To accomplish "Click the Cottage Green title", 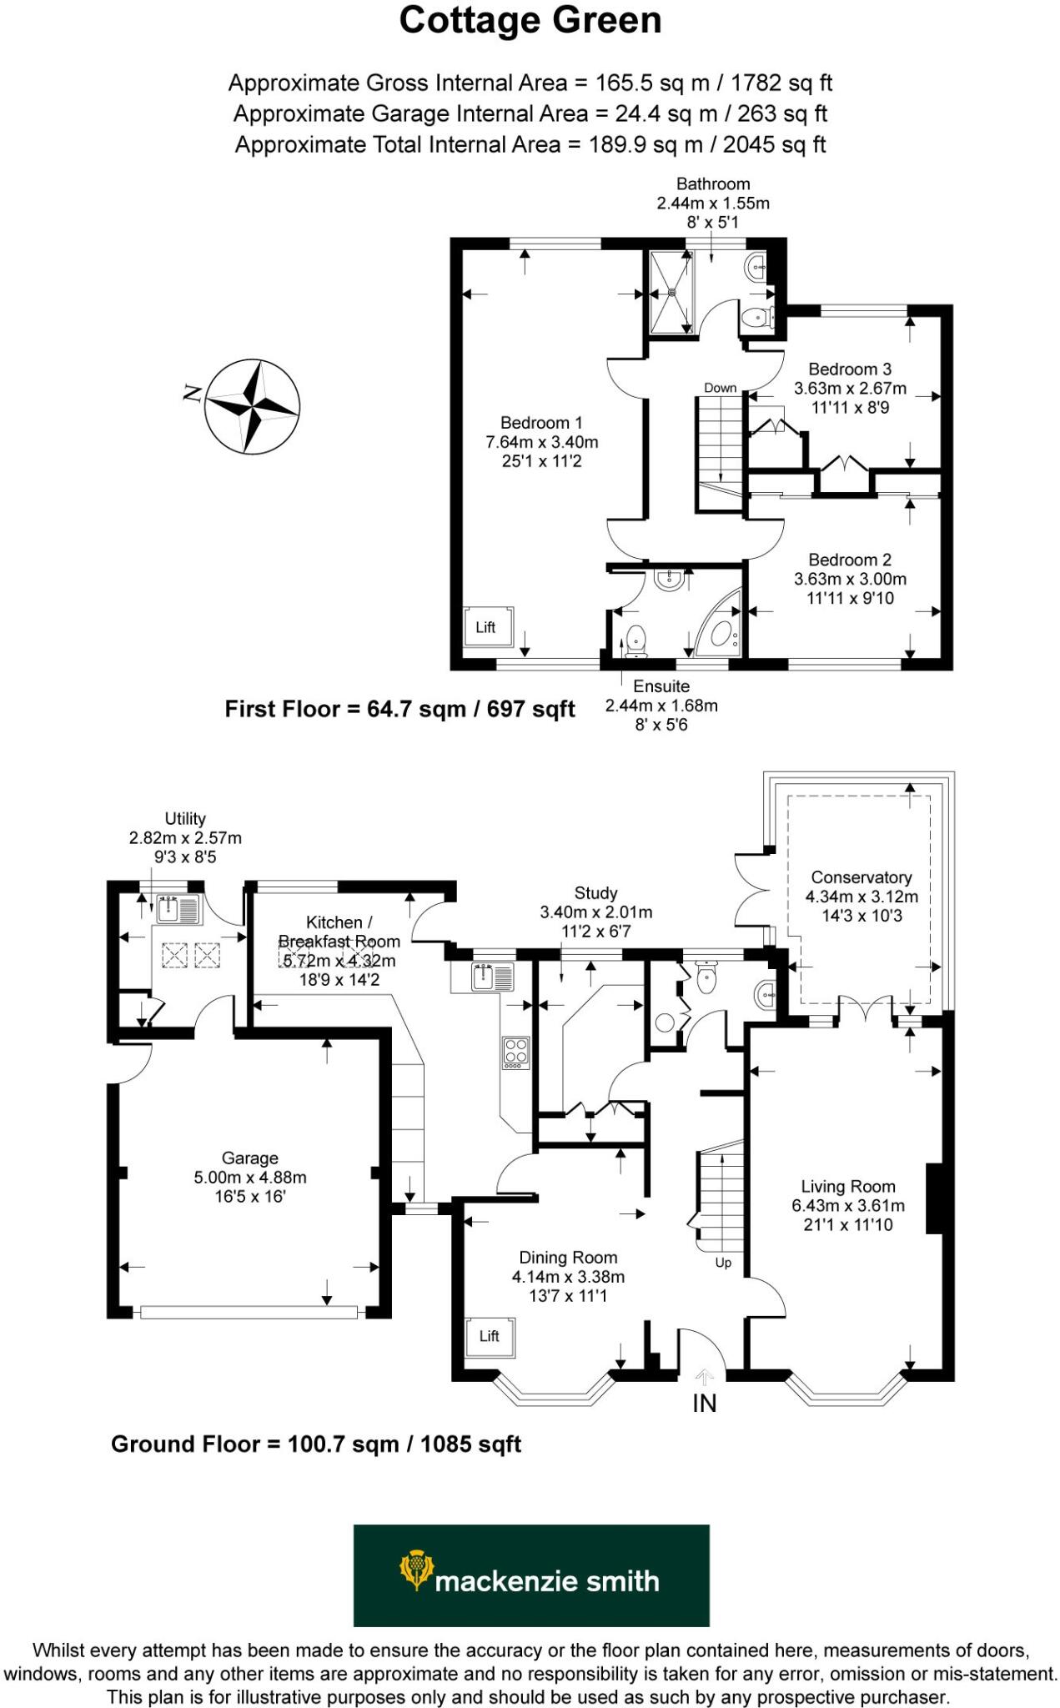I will pyautogui.click(x=530, y=21).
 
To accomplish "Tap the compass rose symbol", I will pyautogui.click(x=252, y=407).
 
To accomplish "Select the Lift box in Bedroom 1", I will pyautogui.click(x=488, y=627).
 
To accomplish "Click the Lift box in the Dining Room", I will pyautogui.click(x=490, y=1336).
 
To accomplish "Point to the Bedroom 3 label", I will pyautogui.click(x=849, y=369).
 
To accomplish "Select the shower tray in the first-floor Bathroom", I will pyautogui.click(x=671, y=292).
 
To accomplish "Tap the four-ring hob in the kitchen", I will pyautogui.click(x=515, y=1052).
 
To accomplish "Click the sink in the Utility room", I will pyautogui.click(x=177, y=908).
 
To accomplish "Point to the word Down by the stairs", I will pyautogui.click(x=720, y=388).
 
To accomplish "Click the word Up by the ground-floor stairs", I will pyautogui.click(x=723, y=1263).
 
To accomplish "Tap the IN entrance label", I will pyautogui.click(x=704, y=1404).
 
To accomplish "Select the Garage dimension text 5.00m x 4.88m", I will pyautogui.click(x=250, y=1178).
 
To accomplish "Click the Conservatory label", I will pyautogui.click(x=861, y=877).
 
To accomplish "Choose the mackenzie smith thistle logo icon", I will pyautogui.click(x=416, y=1570).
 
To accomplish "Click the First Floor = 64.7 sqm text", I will pyautogui.click(x=399, y=709).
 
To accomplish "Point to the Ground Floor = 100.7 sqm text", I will pyautogui.click(x=316, y=1444).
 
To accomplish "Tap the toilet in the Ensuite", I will pyautogui.click(x=635, y=639).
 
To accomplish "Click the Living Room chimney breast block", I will pyautogui.click(x=934, y=1198).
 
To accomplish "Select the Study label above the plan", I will pyautogui.click(x=595, y=893).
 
